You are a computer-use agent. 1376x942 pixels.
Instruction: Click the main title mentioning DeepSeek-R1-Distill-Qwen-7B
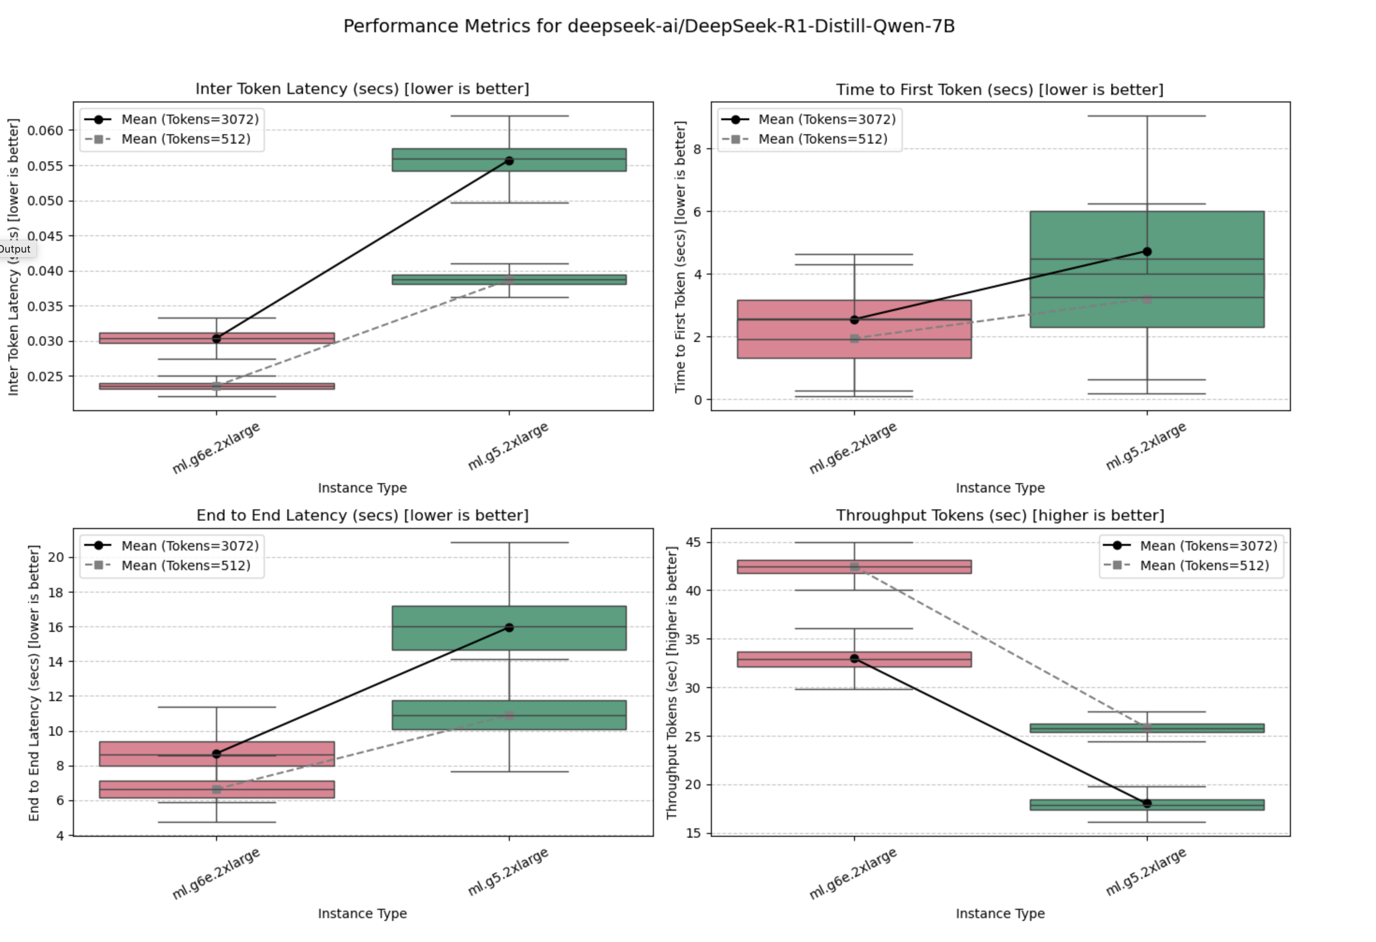click(649, 27)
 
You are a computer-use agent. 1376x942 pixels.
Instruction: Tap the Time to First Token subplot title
click(999, 90)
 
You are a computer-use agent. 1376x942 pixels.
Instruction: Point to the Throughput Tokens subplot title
click(999, 516)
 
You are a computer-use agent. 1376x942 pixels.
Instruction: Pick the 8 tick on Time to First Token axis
click(697, 149)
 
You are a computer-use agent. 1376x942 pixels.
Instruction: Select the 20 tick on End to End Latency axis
click(56, 557)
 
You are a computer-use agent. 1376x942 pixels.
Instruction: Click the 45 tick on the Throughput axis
click(693, 543)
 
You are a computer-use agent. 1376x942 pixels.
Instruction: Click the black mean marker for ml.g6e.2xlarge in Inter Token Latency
click(217, 339)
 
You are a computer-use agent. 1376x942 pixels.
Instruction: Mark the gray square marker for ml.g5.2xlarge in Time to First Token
click(1147, 300)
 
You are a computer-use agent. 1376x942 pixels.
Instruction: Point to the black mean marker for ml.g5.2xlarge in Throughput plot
click(1147, 804)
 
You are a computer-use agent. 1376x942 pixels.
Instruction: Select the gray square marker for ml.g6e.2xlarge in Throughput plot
click(855, 566)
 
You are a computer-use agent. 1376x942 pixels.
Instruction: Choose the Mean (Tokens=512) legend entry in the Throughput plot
click(1204, 565)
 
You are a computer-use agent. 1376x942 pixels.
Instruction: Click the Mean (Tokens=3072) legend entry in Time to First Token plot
click(826, 120)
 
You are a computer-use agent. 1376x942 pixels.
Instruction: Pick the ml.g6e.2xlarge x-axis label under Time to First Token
click(853, 448)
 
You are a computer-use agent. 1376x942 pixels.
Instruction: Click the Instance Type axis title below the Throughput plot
click(999, 913)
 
